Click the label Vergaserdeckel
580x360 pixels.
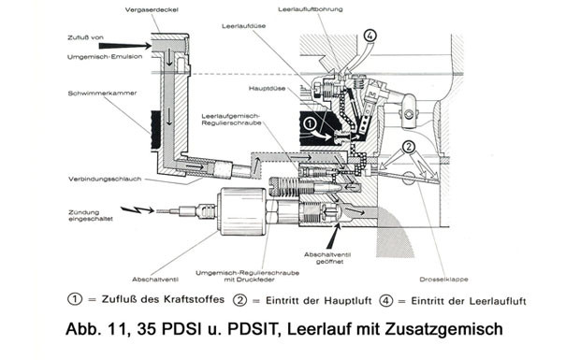152,10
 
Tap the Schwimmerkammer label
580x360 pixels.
102,94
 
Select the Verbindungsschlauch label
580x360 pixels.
105,179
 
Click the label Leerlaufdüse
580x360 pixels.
244,26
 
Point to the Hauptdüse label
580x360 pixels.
267,89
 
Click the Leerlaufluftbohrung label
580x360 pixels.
310,9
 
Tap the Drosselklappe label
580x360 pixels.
443,280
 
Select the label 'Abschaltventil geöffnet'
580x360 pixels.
327,258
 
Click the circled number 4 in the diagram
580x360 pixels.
370,36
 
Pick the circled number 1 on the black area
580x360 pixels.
310,123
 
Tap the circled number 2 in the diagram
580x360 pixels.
409,147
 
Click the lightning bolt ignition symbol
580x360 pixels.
137,209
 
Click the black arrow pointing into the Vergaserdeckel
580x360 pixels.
125,46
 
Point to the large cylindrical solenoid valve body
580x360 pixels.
242,211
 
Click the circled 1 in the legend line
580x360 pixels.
75,298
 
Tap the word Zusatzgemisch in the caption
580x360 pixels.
443,329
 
